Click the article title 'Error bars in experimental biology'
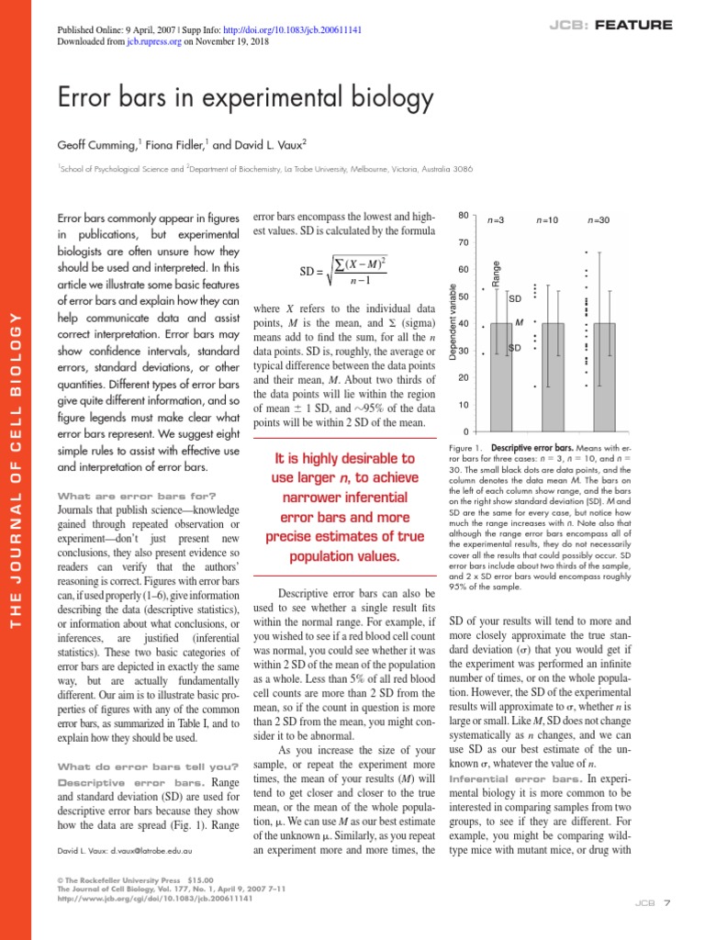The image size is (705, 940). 245,97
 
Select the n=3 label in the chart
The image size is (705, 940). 497,220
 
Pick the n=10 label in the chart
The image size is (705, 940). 548,220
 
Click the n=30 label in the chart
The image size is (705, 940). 599,220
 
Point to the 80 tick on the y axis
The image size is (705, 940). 464,216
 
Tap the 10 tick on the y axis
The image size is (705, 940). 464,405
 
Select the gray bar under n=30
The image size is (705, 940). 604,376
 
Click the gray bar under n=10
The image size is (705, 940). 553,376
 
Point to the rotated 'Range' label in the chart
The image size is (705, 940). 497,274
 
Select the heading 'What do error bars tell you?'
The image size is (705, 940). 148,767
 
